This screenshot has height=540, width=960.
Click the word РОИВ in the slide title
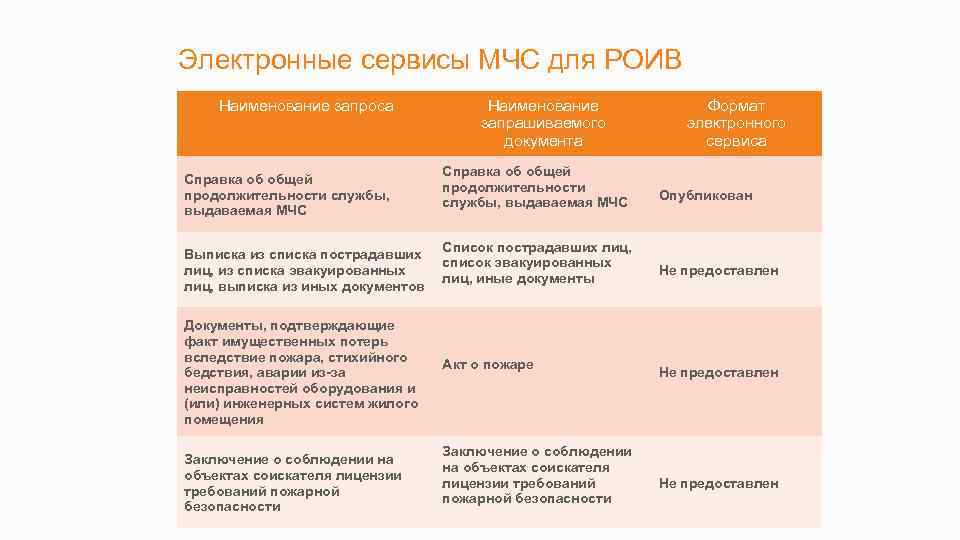coord(643,60)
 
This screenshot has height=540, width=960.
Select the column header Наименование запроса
coord(306,106)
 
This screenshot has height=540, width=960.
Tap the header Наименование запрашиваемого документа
coord(543,123)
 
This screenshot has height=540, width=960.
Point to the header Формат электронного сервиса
coord(736,123)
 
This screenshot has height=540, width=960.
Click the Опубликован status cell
coord(705,196)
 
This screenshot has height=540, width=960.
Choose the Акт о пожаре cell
coord(488,365)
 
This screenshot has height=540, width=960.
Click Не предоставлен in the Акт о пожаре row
coord(718,373)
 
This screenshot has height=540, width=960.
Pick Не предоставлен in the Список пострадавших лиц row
coord(718,271)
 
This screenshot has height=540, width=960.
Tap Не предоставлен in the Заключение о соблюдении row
coord(718,484)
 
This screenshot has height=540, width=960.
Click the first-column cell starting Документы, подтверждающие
coord(300,373)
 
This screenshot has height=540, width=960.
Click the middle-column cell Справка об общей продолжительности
coord(535,187)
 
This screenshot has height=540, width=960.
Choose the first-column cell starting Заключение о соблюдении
coord(293,483)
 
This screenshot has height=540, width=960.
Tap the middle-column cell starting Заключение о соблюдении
coord(537,475)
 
